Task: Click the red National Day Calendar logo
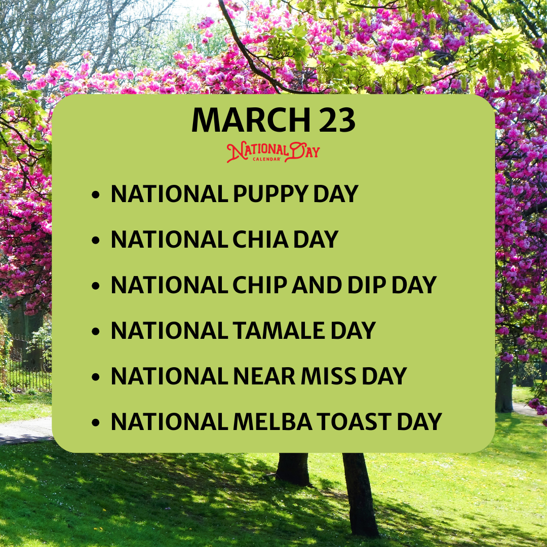click(273, 152)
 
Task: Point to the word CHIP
click(260, 285)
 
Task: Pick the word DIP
click(367, 285)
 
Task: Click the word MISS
click(329, 376)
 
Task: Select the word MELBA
click(272, 422)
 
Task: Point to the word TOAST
click(354, 422)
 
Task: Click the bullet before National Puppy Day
click(96, 194)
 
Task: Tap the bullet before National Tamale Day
click(96, 331)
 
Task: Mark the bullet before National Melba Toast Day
click(96, 423)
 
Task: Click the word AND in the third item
click(317, 285)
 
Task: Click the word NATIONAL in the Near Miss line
click(170, 376)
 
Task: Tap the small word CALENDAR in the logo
click(267, 160)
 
